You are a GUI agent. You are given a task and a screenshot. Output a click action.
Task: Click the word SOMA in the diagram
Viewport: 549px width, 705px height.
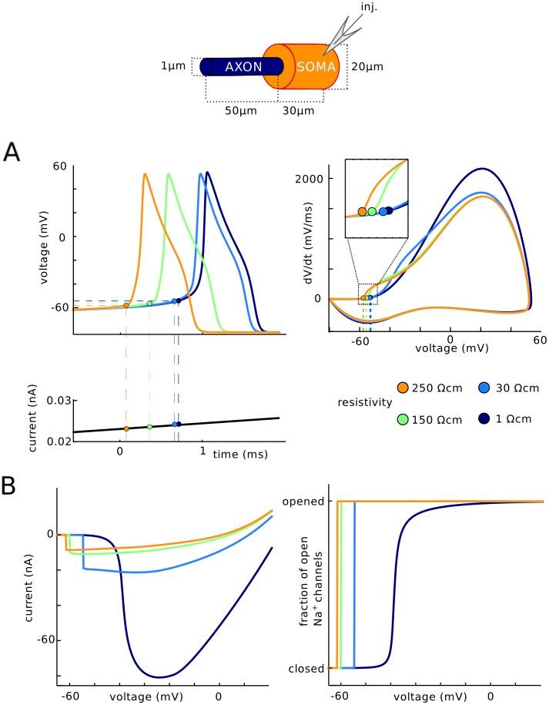pyautogui.click(x=316, y=67)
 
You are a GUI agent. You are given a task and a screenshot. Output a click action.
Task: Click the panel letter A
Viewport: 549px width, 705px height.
pyautogui.click(x=14, y=153)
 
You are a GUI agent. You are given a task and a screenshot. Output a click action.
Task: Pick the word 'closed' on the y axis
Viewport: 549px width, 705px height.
pyautogui.click(x=306, y=668)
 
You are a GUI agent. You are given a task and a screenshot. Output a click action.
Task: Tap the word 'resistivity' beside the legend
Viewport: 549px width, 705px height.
pyautogui.click(x=360, y=403)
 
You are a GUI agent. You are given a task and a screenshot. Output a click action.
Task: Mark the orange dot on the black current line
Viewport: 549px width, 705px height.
pyautogui.click(x=126, y=428)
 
